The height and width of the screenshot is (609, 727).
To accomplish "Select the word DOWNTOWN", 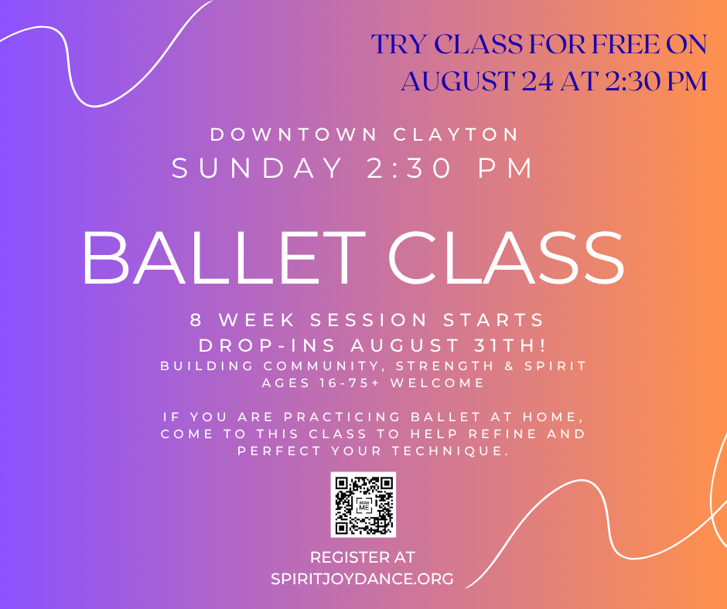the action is [294, 134].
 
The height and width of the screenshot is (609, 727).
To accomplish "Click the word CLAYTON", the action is [456, 134].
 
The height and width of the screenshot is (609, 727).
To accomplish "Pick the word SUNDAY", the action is [258, 168].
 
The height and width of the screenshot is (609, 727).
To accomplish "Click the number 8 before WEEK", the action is [196, 320].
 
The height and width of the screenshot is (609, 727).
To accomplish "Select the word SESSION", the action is [369, 320].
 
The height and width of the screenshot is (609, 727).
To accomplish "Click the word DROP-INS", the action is [267, 345].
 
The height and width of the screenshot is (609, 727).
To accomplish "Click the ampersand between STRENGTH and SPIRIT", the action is [510, 366].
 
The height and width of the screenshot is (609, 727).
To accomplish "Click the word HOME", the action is [552, 417].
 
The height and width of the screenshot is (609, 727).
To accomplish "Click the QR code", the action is [363, 505].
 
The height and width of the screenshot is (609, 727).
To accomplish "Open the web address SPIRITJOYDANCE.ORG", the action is [362, 579].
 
